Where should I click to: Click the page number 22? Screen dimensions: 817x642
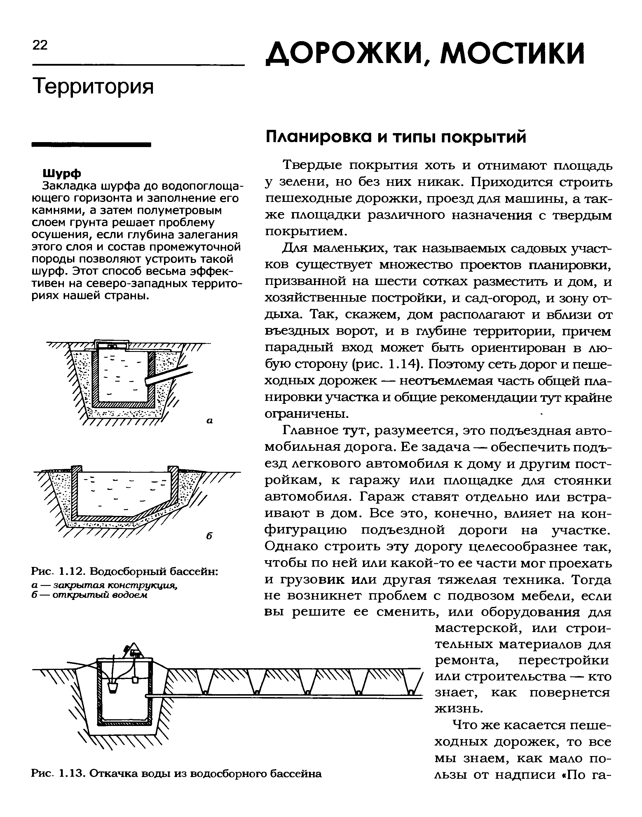click(x=40, y=46)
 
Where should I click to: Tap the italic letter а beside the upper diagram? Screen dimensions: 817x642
click(x=210, y=421)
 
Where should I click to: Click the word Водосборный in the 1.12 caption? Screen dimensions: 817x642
click(x=129, y=572)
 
